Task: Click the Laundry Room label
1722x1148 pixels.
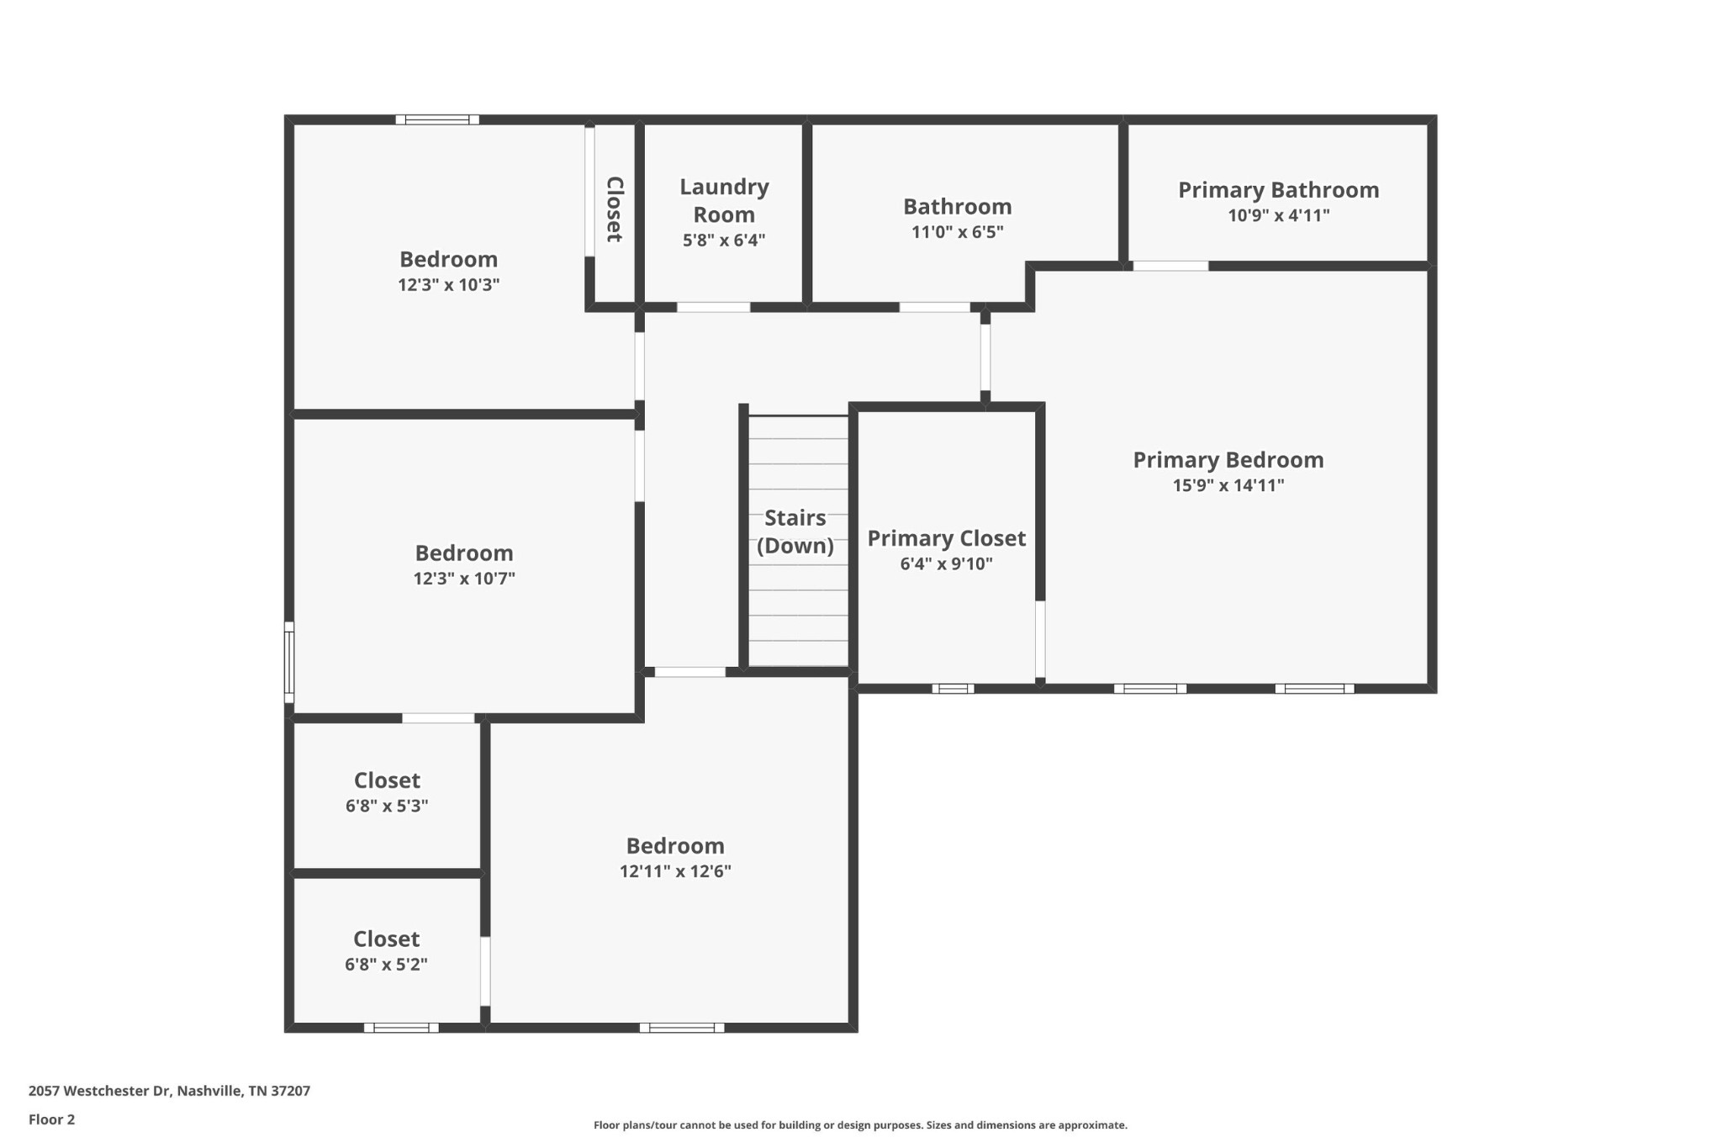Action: [x=724, y=200]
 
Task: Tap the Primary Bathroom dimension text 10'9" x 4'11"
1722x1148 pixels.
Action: [x=1278, y=215]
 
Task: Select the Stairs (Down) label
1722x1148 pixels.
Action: [x=795, y=532]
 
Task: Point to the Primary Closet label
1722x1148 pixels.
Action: [x=946, y=538]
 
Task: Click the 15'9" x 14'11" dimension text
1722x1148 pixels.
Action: [x=1228, y=485]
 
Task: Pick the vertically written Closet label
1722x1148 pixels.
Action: [x=615, y=209]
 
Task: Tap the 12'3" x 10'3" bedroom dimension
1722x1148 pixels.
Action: [x=448, y=284]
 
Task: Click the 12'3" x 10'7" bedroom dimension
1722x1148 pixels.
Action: [x=464, y=579]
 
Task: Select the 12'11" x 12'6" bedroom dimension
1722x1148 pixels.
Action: [x=675, y=871]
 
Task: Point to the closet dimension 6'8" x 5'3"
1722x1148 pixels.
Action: [x=387, y=806]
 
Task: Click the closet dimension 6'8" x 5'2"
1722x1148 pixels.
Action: [x=386, y=965]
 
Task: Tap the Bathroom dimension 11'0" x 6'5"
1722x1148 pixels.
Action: [x=958, y=232]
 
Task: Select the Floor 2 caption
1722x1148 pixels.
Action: [x=51, y=1119]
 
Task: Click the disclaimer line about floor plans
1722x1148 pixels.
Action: [x=860, y=1125]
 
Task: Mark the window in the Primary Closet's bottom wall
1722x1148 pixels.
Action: [x=953, y=689]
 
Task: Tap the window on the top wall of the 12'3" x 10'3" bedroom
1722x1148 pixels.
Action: [x=437, y=119]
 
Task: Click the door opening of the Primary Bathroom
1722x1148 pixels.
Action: [x=1170, y=266]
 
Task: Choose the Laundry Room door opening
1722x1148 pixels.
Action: [x=713, y=307]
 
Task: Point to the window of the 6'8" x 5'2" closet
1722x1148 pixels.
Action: [x=401, y=1028]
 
